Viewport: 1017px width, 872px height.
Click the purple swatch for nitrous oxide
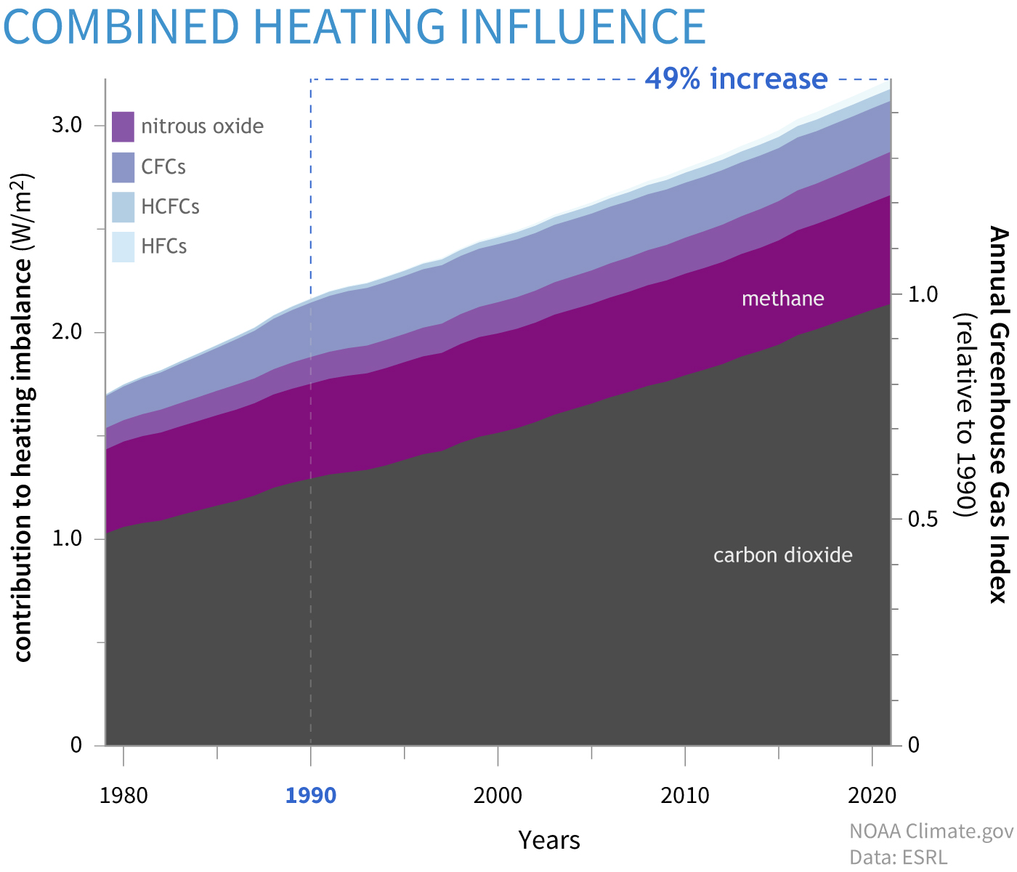coord(123,126)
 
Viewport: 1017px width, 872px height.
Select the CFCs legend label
coord(163,167)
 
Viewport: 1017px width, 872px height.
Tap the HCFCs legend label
coord(170,207)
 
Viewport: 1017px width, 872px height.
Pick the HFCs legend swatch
coord(123,246)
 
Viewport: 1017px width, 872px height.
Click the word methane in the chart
coord(782,299)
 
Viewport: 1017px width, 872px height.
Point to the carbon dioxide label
coord(782,556)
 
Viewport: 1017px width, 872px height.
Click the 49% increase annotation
coord(736,78)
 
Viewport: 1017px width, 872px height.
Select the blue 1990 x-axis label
coord(311,796)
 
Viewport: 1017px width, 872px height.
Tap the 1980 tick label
coord(123,796)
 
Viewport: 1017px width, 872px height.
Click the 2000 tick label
coord(498,796)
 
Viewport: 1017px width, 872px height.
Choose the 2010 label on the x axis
coord(685,796)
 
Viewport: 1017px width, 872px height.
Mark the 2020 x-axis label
coord(872,796)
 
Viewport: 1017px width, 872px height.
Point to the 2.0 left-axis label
coord(67,332)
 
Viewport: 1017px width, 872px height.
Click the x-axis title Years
coord(549,840)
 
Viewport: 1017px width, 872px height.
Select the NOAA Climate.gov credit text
coord(931,831)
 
